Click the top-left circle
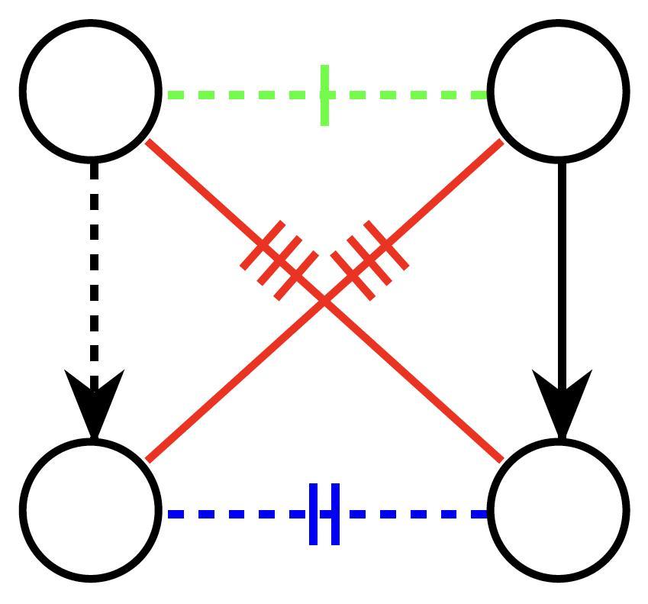point(91,91)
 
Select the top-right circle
point(559,91)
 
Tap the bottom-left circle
point(91,509)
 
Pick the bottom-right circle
point(559,509)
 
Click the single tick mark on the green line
point(325,95)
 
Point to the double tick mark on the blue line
point(324,514)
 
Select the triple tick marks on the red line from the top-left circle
point(279,260)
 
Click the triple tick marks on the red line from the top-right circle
point(369,260)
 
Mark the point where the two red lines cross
point(324,301)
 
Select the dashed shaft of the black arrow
point(94,267)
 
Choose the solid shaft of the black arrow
point(562,267)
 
